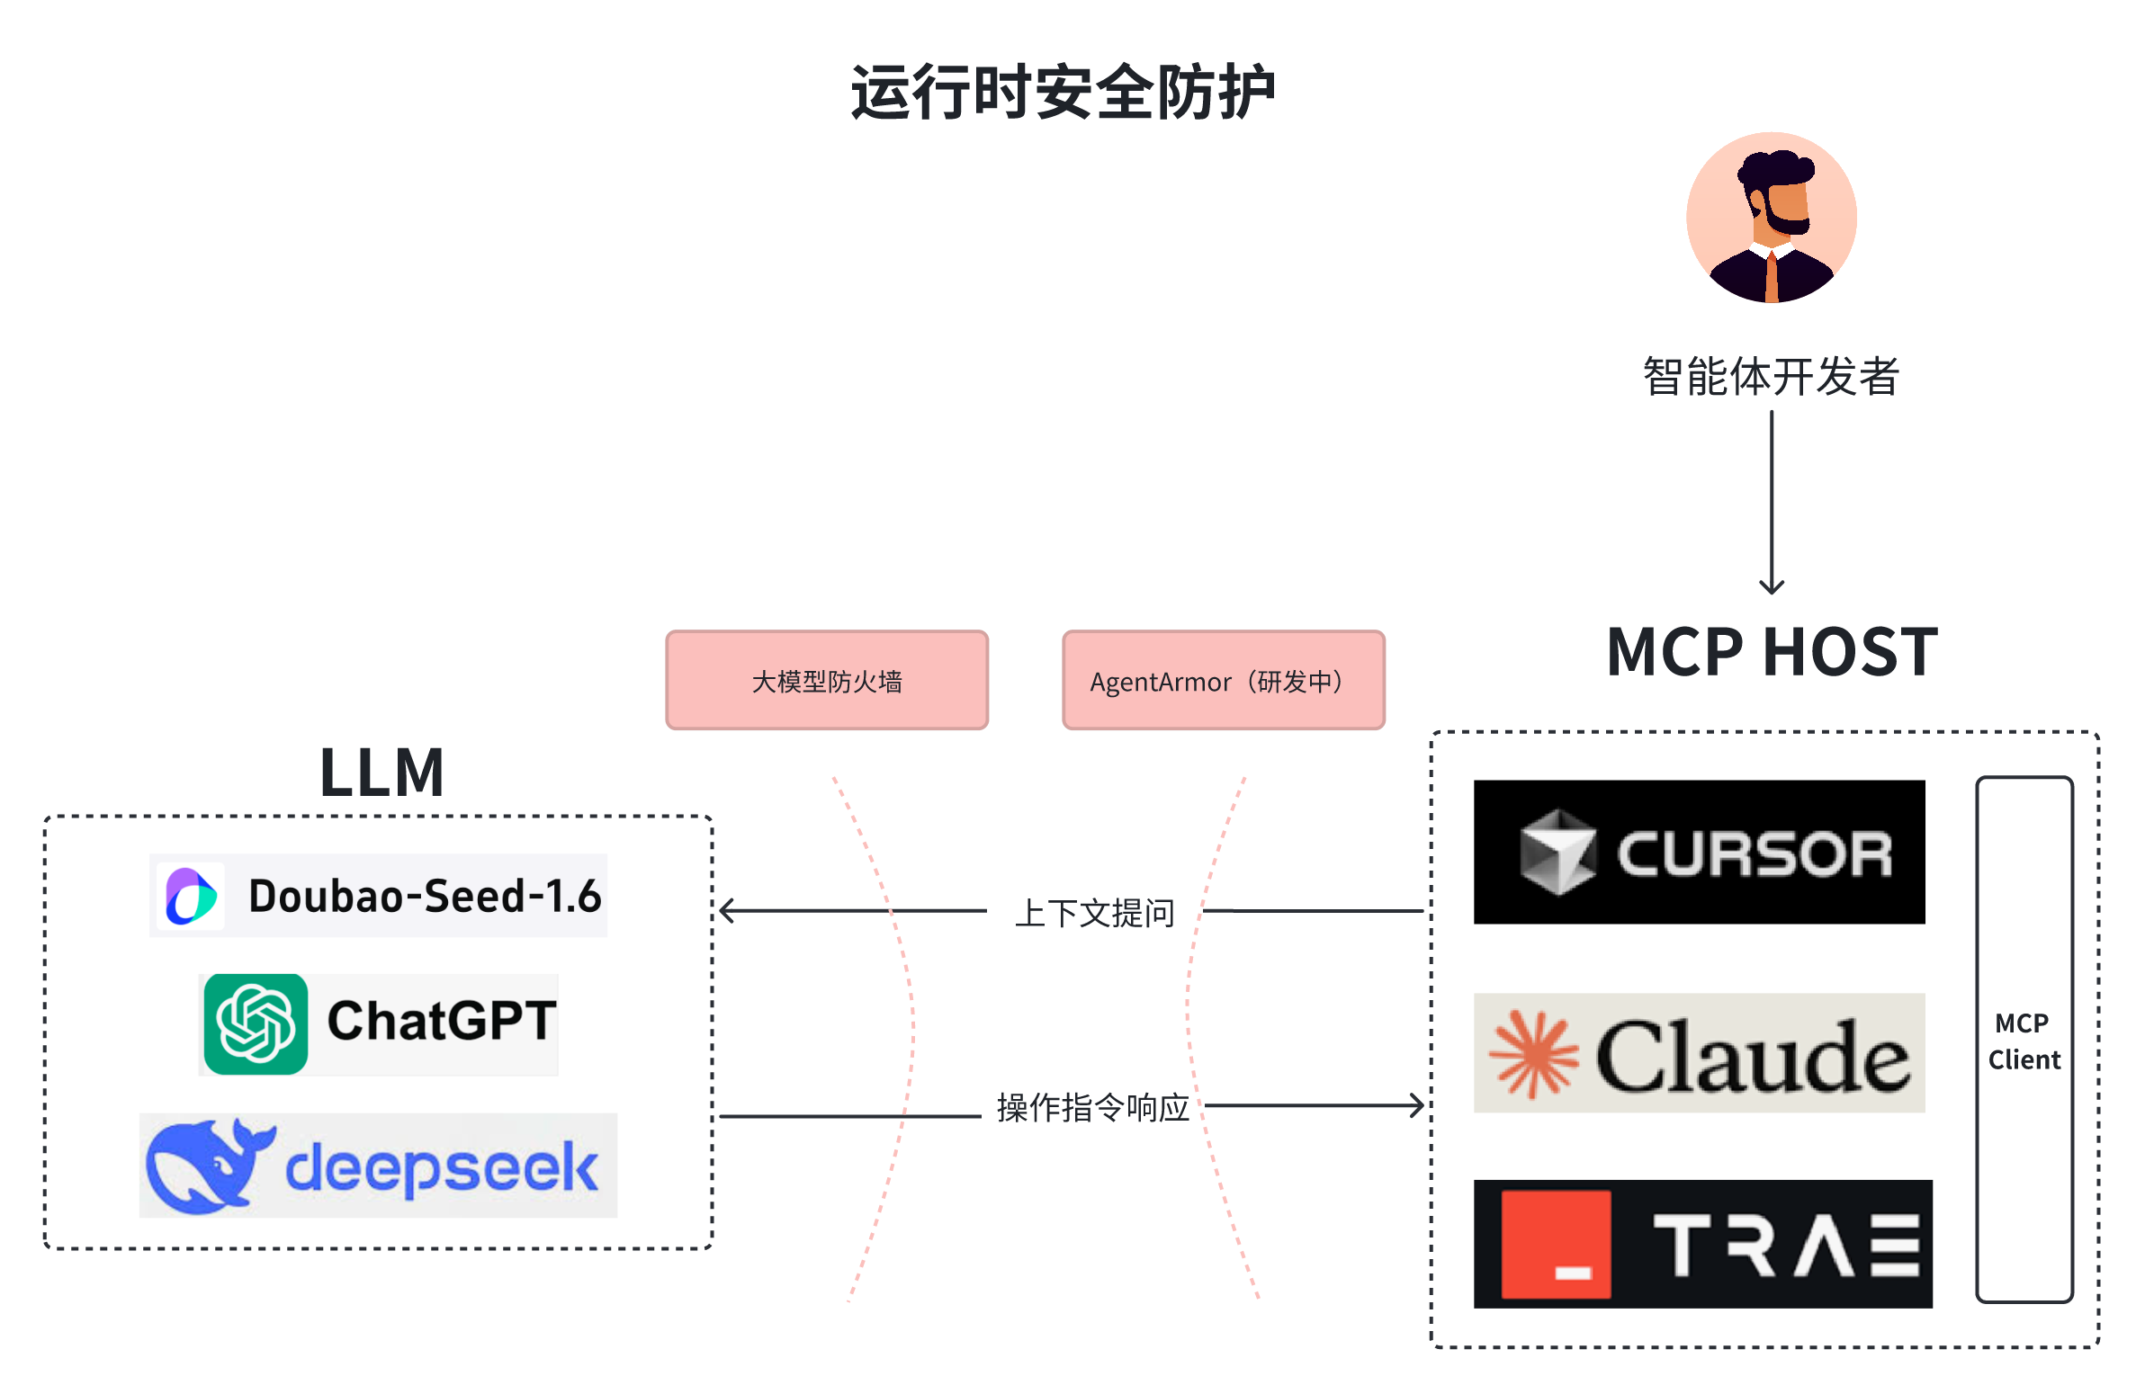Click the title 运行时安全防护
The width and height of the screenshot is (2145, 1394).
click(x=1064, y=93)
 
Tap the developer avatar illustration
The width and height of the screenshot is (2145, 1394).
click(x=1771, y=217)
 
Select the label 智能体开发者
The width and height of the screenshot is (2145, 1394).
click(x=1771, y=376)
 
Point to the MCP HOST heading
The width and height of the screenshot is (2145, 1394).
click(x=1772, y=651)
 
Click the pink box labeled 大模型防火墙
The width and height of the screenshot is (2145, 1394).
click(x=827, y=680)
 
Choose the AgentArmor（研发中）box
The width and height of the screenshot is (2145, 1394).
click(x=1223, y=680)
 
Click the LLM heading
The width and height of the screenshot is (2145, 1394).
click(x=382, y=773)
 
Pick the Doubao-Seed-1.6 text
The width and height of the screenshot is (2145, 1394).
click(x=425, y=896)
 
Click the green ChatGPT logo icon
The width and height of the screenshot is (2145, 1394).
click(x=256, y=1023)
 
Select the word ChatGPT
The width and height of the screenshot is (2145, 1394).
click(x=442, y=1021)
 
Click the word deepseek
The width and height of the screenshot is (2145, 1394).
click(x=442, y=1168)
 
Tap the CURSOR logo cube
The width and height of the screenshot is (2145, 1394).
click(x=1557, y=853)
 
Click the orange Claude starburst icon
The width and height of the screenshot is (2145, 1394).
click(x=1533, y=1054)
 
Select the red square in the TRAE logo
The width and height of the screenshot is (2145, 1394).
click(x=1556, y=1245)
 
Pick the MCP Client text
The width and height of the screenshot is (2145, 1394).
click(x=2024, y=1041)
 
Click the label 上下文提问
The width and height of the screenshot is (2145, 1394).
click(x=1095, y=913)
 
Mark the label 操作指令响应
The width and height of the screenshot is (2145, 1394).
click(x=1093, y=1107)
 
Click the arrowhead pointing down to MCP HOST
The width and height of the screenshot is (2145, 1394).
click(x=1772, y=586)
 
